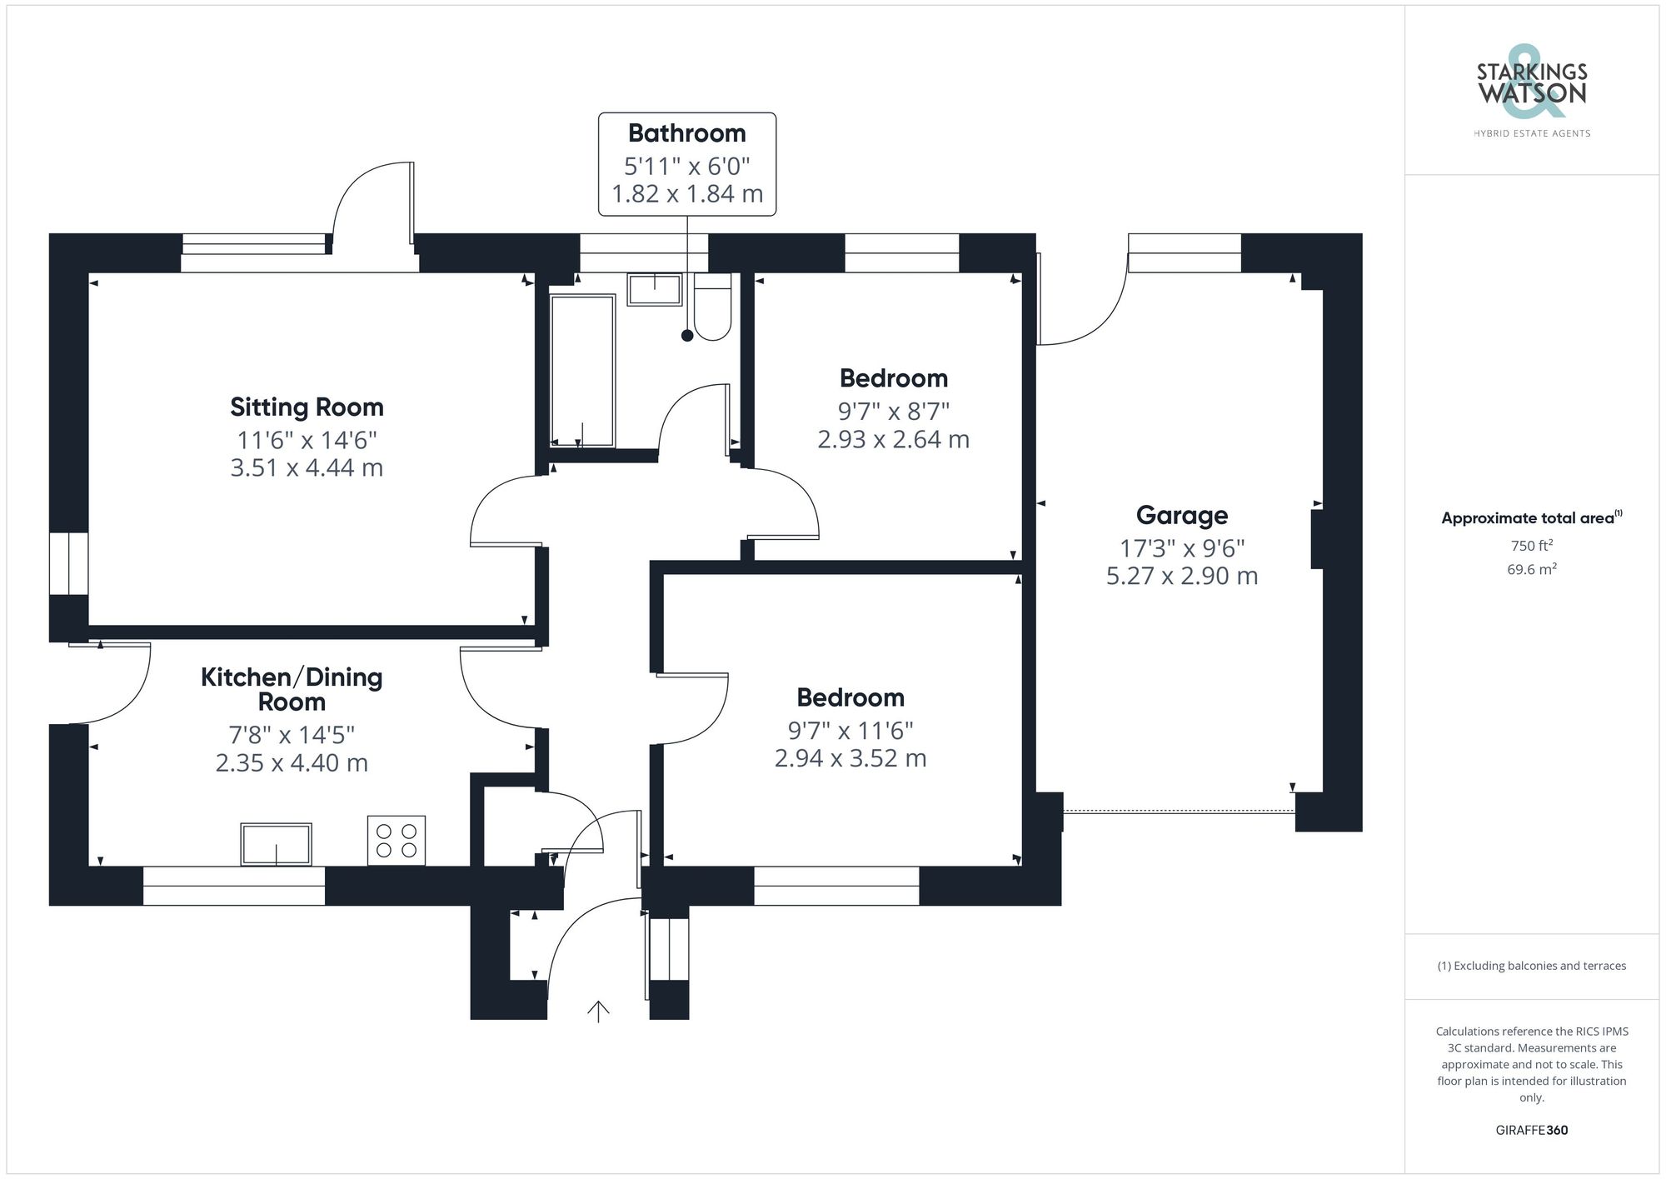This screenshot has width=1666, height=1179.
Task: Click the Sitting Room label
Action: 307,407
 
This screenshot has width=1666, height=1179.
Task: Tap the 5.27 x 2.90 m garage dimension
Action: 1181,577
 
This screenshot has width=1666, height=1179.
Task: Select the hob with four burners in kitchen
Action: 397,840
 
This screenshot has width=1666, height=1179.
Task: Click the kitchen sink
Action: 276,844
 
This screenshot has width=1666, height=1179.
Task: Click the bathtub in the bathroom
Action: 582,371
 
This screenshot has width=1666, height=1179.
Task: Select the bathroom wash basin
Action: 655,290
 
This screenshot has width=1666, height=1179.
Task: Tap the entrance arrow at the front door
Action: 598,1011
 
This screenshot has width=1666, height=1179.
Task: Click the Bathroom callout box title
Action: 686,133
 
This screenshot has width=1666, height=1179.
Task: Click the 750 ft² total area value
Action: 1531,546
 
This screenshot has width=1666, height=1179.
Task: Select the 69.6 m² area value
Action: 1531,570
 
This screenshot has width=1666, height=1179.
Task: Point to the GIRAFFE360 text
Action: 1531,1131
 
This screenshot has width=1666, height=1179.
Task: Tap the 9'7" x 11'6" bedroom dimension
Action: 850,731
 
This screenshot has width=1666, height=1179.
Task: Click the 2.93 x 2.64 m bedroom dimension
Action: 893,440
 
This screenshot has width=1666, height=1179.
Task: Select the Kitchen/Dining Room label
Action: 292,689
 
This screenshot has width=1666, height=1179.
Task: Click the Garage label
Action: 1181,516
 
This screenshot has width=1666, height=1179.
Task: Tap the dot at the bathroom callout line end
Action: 687,336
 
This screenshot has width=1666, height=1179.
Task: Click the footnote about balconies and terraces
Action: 1531,967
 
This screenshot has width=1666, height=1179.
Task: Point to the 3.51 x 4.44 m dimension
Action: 307,468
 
